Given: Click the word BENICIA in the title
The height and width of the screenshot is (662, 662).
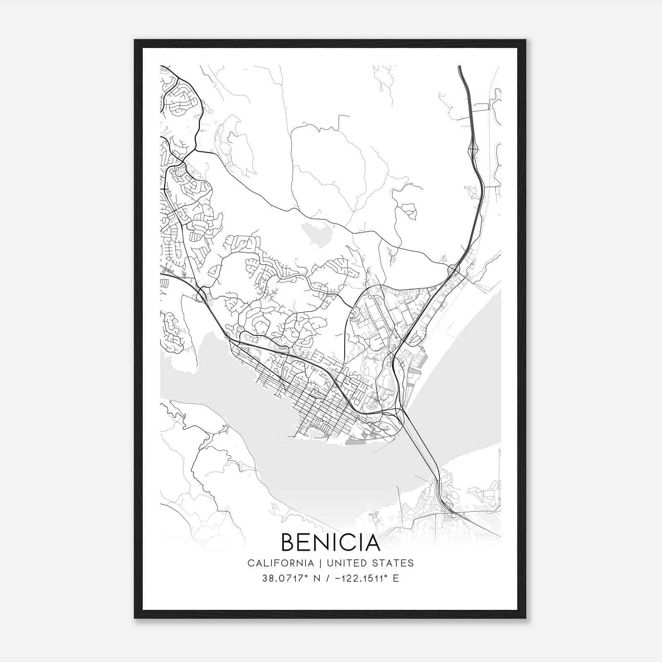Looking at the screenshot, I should [x=331, y=542].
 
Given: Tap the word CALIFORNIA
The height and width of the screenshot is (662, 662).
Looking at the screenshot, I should [x=281, y=563].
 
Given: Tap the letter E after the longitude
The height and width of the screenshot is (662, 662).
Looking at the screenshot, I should [x=396, y=578].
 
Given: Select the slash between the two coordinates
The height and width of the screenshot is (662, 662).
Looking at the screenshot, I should [x=327, y=578].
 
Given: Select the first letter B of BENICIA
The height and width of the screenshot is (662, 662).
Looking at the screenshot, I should [x=288, y=542].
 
